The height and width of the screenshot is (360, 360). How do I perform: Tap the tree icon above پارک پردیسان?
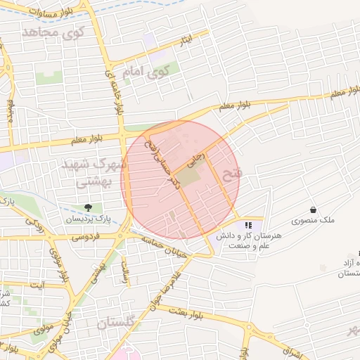click(x=88, y=207)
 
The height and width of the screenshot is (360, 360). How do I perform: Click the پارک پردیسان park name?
click(x=88, y=219)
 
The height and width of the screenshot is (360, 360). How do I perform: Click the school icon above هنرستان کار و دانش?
click(x=248, y=226)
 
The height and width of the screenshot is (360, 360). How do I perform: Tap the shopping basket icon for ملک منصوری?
click(x=313, y=210)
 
